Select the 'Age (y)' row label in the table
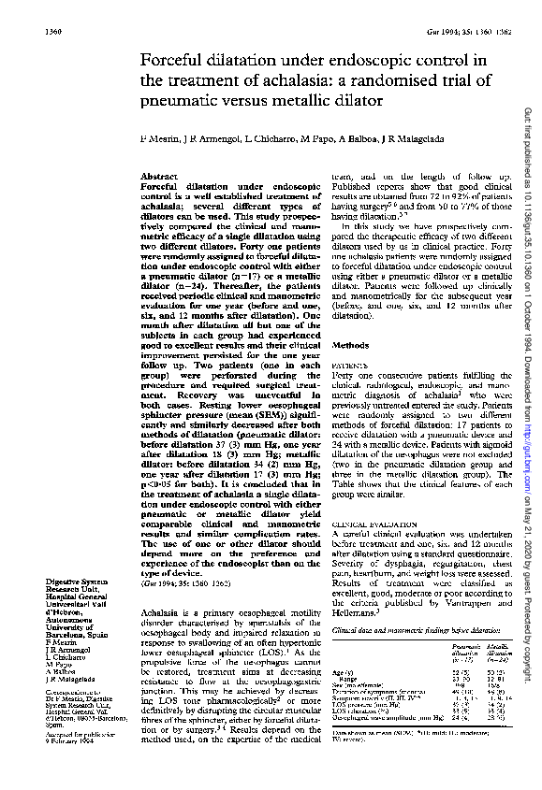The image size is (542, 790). pyautogui.click(x=342, y=697)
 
